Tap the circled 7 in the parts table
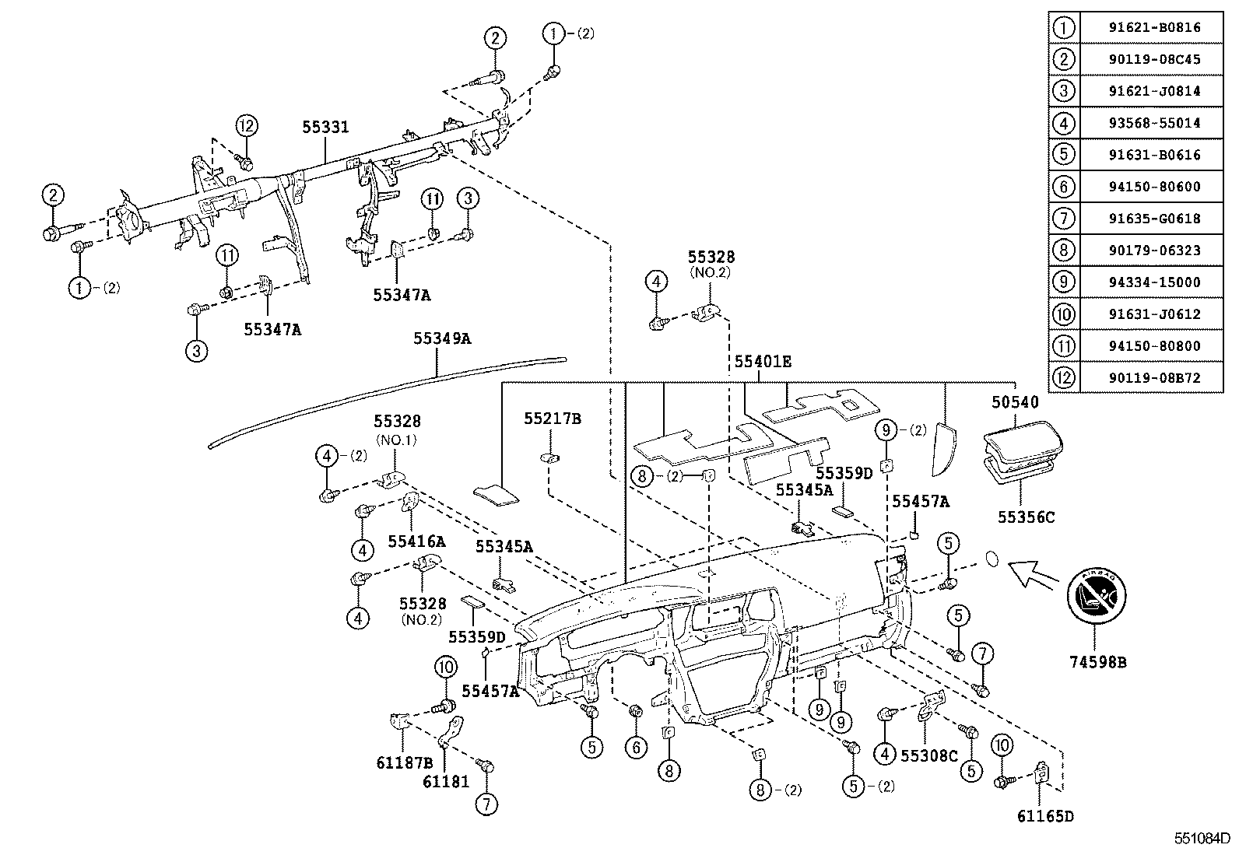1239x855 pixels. (1063, 219)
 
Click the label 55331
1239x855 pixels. (325, 127)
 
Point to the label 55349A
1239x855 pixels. (442, 338)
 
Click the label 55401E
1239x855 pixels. (763, 361)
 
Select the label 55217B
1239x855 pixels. (552, 419)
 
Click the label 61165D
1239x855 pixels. (1045, 816)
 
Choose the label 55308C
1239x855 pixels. (928, 755)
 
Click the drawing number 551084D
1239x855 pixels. (1202, 839)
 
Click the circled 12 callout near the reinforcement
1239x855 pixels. (246, 125)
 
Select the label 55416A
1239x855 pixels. (416, 541)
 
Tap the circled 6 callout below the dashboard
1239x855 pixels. (635, 747)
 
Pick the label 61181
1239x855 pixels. (446, 780)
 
